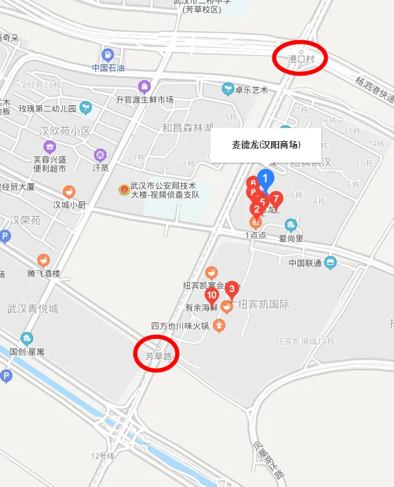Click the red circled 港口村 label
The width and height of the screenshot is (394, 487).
point(301,59)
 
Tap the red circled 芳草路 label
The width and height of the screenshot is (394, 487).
point(156,356)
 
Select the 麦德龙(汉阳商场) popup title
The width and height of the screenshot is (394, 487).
point(266,145)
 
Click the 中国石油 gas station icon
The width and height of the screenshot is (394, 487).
point(108,55)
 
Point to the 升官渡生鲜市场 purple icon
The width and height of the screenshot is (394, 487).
point(144,86)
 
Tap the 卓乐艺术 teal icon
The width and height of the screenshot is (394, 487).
point(227,89)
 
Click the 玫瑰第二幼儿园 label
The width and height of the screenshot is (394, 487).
point(48,109)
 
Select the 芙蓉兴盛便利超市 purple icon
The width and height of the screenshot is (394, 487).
point(50,147)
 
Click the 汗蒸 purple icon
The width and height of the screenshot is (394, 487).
point(101,154)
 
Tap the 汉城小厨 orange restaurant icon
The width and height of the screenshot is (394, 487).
point(69,192)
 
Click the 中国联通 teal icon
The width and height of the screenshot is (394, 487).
point(330,263)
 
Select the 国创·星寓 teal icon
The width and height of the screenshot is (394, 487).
point(26,338)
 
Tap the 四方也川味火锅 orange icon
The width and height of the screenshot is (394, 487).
point(219,325)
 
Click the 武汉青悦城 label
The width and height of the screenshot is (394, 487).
point(32,309)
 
